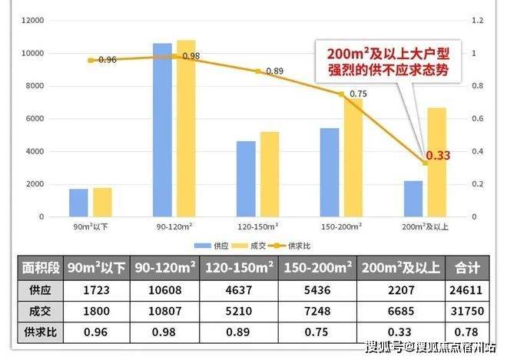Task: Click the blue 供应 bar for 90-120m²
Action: (x=162, y=130)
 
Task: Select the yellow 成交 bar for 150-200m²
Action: (x=353, y=157)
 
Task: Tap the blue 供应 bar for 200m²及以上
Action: (x=413, y=199)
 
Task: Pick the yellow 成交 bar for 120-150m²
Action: (x=270, y=174)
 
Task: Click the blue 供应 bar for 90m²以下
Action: (x=78, y=203)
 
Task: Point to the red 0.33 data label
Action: (x=438, y=156)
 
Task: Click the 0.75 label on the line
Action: (x=358, y=94)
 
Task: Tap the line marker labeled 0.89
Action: (x=258, y=71)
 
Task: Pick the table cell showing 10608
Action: (x=164, y=291)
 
